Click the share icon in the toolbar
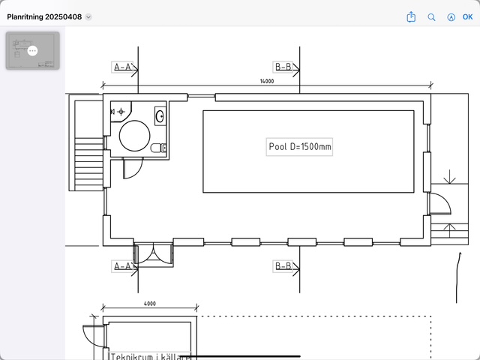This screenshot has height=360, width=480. point(411,16)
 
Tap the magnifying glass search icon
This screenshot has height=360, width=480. point(431,17)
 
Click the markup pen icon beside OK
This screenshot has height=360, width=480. point(451,17)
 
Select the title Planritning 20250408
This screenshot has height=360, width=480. point(44,16)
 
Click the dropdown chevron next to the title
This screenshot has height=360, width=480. point(88,16)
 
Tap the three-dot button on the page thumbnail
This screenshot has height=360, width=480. point(32,50)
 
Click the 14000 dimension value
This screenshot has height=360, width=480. point(267,81)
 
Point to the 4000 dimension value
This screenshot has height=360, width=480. point(150,304)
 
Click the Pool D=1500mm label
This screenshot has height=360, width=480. point(300,147)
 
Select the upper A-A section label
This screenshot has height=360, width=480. point(123,67)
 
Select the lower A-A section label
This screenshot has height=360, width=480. point(123,266)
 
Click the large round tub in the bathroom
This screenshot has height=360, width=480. point(135,136)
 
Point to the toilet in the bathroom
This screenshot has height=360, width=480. point(158,148)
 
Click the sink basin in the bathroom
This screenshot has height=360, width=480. point(160,116)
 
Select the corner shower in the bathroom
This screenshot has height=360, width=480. point(121,112)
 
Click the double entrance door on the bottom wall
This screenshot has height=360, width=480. point(153,254)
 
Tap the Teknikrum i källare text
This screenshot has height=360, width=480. point(150,356)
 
